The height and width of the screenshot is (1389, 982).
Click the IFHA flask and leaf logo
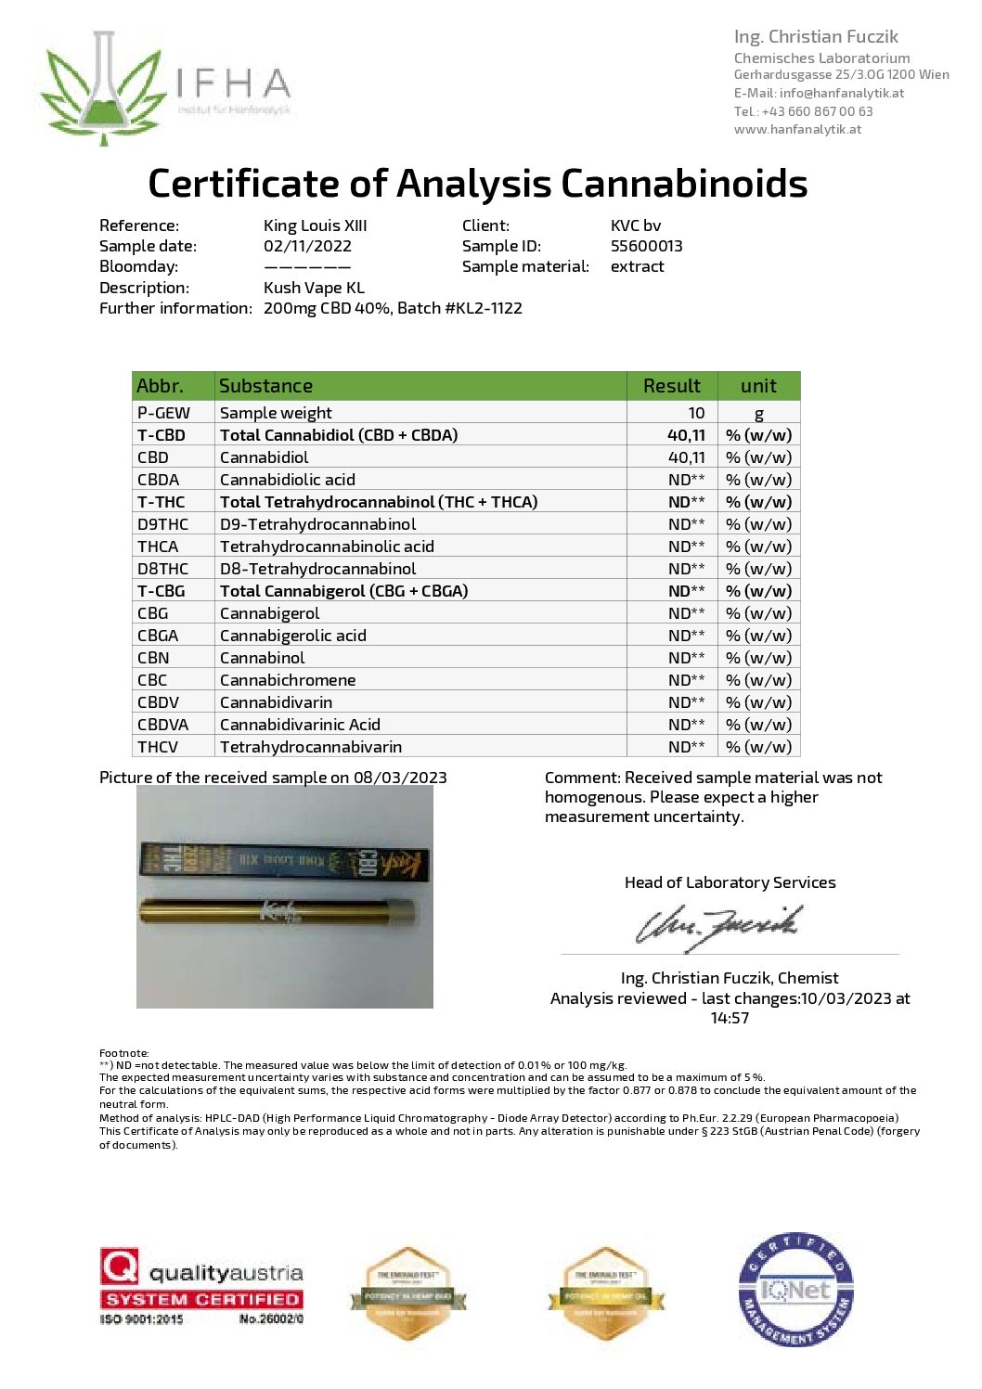tap(104, 88)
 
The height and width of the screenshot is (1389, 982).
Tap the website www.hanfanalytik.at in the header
tap(797, 129)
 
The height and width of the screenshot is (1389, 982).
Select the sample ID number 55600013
tap(646, 246)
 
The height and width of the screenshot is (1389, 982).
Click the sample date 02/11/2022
tap(307, 246)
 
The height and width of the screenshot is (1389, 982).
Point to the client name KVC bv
tap(636, 225)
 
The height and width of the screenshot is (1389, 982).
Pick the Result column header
tap(671, 386)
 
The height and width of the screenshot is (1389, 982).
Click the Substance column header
tap(265, 386)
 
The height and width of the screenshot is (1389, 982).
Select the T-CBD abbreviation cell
tap(162, 435)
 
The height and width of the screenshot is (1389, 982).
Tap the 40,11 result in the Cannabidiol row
tap(686, 457)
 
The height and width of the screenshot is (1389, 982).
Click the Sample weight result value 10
tap(696, 413)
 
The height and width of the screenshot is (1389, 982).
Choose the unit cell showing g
tap(758, 413)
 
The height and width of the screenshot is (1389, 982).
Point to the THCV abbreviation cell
tap(158, 747)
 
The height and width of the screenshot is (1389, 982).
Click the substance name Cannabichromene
tap(288, 680)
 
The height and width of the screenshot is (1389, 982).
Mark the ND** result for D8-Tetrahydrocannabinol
tap(686, 569)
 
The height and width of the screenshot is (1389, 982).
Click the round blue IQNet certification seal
tap(795, 1290)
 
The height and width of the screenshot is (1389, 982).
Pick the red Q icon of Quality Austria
tap(120, 1266)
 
